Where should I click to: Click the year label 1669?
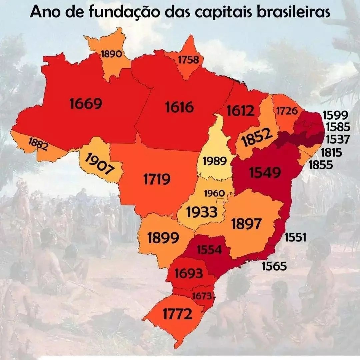pyautogui.click(x=86, y=104)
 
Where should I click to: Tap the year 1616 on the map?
pyautogui.click(x=179, y=107)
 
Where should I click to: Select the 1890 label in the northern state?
pyautogui.click(x=111, y=54)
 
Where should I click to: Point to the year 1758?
pyautogui.click(x=188, y=60)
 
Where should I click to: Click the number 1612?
pyautogui.click(x=240, y=111)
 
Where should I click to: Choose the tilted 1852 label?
pyautogui.click(x=255, y=138)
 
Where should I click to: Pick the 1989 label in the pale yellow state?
pyautogui.click(x=215, y=161)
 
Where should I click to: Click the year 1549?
pyautogui.click(x=265, y=172)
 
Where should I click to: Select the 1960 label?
pyautogui.click(x=214, y=193)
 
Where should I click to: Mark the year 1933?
pyautogui.click(x=202, y=212)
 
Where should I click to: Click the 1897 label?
pyautogui.click(x=247, y=224)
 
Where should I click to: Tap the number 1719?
pyautogui.click(x=157, y=180)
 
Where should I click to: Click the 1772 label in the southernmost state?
pyautogui.click(x=177, y=314)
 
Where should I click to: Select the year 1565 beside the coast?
pyautogui.click(x=274, y=266)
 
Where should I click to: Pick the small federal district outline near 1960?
pyautogui.click(x=220, y=201)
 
